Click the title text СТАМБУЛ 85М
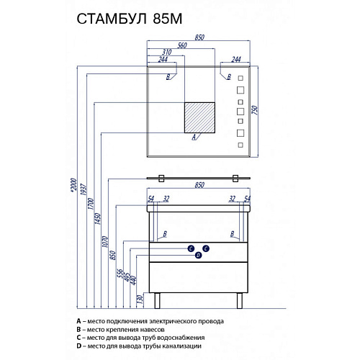pos(130,19)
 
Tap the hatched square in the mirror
pos(199,117)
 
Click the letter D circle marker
pos(198,256)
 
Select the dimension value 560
pos(182,45)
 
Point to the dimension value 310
pos(167,52)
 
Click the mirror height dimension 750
pos(255,110)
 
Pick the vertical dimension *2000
pos(74,184)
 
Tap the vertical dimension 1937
pos(83,189)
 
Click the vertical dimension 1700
pos(91,204)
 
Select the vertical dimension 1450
pos(98,219)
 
